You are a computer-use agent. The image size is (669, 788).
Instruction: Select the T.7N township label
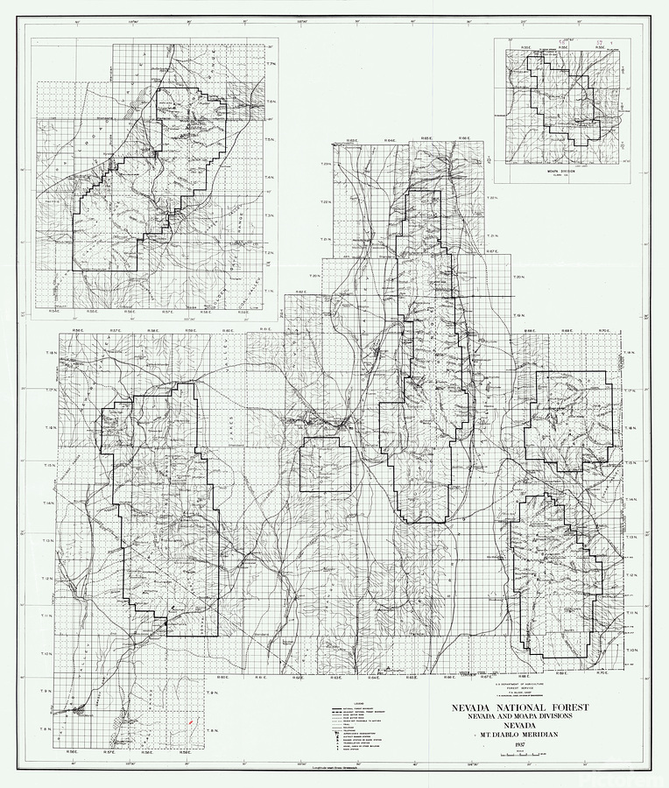tap(271, 64)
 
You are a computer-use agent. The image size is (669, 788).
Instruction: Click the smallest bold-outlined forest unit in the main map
tap(325, 465)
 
